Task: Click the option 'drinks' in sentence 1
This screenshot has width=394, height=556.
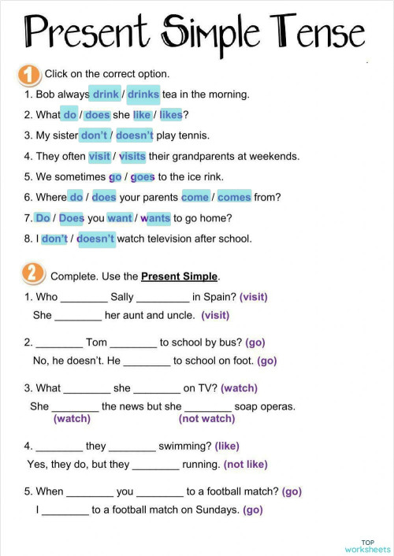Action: point(143,95)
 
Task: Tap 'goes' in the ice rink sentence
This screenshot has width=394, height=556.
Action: point(143,176)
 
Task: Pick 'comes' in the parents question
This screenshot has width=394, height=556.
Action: point(234,197)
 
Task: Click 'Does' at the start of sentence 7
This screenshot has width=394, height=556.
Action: point(72,218)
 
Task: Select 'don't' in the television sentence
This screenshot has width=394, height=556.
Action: point(54,239)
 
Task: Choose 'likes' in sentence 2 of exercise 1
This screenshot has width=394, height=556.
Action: point(171,115)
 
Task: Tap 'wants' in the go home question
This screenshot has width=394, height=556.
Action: point(155,218)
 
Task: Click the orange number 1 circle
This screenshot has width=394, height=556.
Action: point(28,75)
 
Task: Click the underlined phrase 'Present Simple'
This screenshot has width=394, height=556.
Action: point(179,276)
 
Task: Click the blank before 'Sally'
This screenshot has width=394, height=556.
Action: point(84,298)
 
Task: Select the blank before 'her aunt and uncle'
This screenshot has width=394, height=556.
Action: point(78,317)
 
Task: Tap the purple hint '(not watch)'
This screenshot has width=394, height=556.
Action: point(207,418)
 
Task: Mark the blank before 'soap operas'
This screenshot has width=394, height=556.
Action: point(208,408)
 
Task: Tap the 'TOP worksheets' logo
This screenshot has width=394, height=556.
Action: point(367,545)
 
